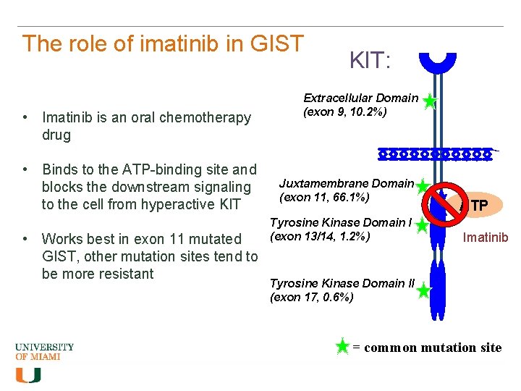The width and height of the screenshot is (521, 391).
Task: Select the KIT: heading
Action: click(x=370, y=61)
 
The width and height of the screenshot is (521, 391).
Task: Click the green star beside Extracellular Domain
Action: click(x=430, y=102)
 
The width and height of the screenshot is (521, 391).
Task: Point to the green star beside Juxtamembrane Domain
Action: click(x=423, y=188)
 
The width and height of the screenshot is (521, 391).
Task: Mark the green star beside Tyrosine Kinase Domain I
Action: click(x=423, y=227)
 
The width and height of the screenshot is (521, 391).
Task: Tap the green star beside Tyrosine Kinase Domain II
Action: click(x=424, y=292)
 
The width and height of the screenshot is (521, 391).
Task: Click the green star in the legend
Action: click(x=343, y=347)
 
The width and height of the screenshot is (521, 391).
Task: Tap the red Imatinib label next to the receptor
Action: click(x=486, y=237)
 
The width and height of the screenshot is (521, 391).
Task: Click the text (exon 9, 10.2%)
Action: click(x=345, y=112)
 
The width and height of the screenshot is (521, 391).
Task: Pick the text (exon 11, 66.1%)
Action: click(x=324, y=198)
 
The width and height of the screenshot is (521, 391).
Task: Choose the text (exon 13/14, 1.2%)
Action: click(x=320, y=236)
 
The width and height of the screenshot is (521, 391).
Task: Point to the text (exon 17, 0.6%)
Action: click(x=312, y=297)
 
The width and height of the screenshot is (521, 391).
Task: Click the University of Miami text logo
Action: click(x=45, y=352)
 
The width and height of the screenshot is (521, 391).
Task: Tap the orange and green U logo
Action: click(x=28, y=375)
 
